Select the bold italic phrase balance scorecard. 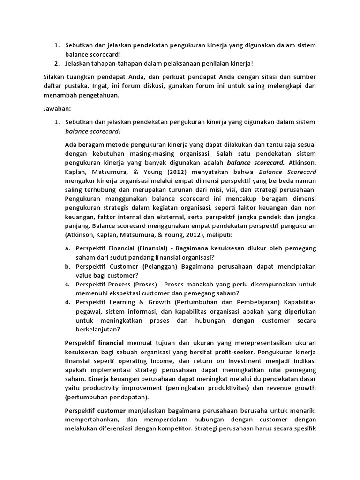255,163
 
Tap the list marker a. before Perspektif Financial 68,248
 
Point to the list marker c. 68,284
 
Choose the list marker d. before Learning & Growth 68,302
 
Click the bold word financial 111,343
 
